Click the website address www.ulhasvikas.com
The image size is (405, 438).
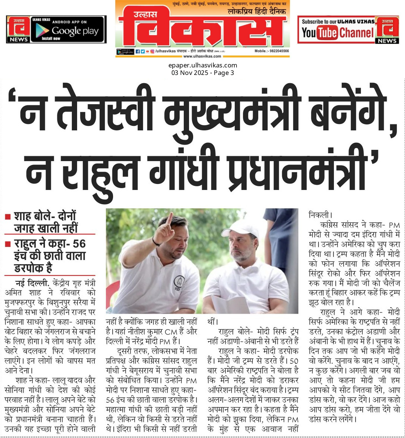click(x=202, y=56)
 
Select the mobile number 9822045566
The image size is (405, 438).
click(x=277, y=51)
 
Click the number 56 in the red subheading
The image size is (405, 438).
click(x=79, y=244)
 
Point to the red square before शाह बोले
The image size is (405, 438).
click(x=7, y=217)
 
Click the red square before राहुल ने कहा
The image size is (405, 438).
click(x=7, y=244)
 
